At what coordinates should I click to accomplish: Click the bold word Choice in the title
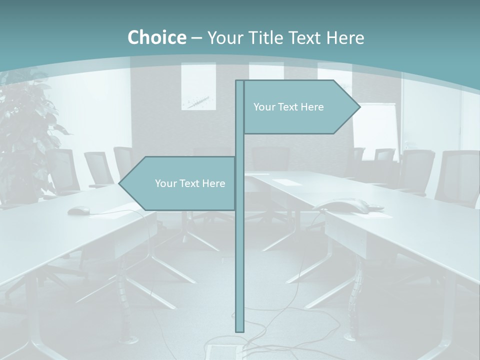156,37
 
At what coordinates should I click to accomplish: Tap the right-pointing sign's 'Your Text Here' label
288,107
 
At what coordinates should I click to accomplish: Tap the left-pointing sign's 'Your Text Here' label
190,183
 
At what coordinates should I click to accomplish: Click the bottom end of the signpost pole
239,329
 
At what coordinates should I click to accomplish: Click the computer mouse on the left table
78,210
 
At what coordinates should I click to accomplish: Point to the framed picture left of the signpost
198,86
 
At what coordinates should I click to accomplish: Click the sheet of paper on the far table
286,182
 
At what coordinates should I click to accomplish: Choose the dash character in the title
196,38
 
